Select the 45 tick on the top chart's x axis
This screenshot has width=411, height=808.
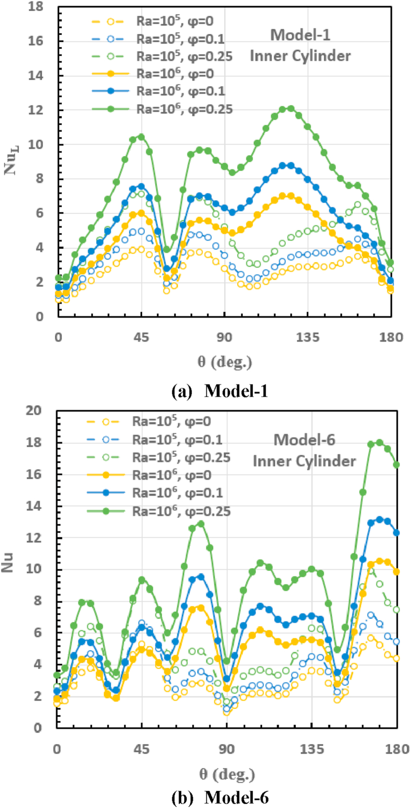[x=141, y=337]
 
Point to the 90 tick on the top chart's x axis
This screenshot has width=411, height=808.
[x=225, y=337]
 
